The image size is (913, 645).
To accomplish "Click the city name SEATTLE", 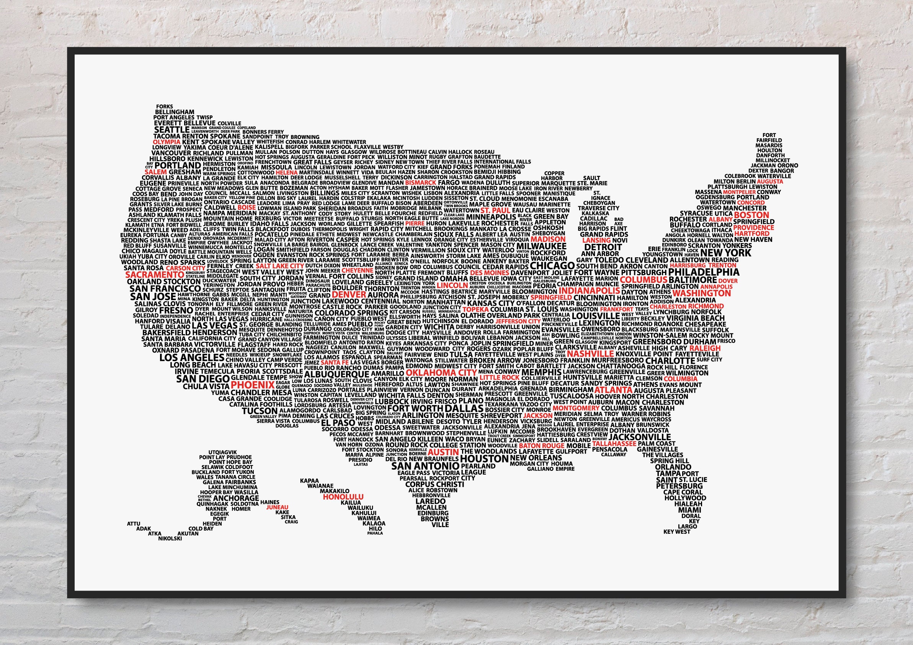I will pos(172,130).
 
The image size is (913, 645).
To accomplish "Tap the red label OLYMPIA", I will pos(167,142).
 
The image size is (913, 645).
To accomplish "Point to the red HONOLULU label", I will pos(343,497).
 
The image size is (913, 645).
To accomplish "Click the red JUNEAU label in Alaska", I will pos(277,508).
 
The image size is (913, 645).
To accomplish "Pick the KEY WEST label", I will pos(677,532).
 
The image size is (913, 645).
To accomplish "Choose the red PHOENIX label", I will pos(253,385).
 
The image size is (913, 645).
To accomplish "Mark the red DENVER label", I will pos(349,295).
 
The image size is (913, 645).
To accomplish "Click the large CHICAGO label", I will pos(552,265).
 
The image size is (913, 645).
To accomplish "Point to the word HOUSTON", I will pos(484,459).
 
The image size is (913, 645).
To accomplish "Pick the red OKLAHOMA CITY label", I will pos(441,372).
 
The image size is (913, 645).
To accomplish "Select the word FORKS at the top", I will pos(164,106).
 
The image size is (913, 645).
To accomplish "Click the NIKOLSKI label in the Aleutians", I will pos(170,539).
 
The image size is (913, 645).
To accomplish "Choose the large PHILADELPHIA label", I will pos(704,273).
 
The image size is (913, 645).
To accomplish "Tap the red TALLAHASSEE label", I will pos(614,443).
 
